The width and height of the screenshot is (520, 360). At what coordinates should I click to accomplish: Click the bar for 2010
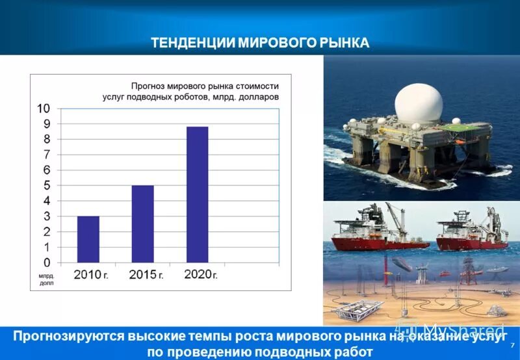point(88,239)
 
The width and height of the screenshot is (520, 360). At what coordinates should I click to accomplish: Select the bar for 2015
point(142,224)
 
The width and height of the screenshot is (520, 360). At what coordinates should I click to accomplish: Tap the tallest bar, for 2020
point(197,194)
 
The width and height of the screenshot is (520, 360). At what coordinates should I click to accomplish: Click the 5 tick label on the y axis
point(46,186)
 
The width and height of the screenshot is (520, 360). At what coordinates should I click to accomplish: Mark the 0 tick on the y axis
point(46,263)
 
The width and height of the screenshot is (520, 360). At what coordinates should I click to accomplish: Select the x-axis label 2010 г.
point(91,275)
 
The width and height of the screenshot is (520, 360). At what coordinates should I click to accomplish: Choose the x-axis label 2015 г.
point(146,275)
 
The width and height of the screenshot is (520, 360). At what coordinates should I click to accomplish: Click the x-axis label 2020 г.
point(200,274)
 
